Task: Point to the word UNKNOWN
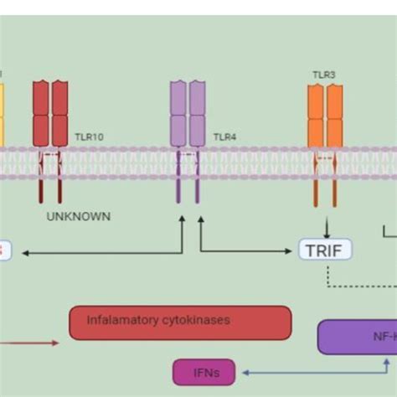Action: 79,216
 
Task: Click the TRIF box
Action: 325,249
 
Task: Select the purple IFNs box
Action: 204,371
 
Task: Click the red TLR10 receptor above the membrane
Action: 50,114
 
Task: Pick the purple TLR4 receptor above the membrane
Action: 188,114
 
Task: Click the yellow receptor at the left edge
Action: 3,114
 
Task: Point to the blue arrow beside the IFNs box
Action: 310,371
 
